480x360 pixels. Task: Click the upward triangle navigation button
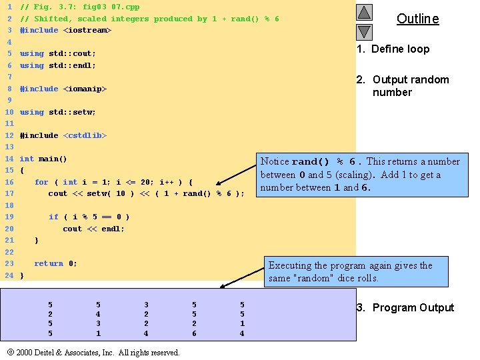364,12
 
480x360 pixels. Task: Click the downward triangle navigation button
364,31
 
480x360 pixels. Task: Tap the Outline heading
418,19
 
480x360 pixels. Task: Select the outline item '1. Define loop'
393,49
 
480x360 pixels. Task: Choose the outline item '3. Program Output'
405,307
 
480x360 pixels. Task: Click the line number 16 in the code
9,182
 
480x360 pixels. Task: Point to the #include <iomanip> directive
63,89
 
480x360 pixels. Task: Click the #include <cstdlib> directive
63,135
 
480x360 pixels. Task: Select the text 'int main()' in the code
43,159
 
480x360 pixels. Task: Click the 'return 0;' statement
55,263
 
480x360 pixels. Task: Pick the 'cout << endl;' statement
93,229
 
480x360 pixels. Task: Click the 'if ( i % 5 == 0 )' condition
89,217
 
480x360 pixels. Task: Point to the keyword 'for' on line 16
41,182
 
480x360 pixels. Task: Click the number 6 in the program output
194,333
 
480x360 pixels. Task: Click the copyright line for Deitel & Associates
93,352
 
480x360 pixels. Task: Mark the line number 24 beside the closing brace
9,275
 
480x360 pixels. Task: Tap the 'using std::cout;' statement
58,53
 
